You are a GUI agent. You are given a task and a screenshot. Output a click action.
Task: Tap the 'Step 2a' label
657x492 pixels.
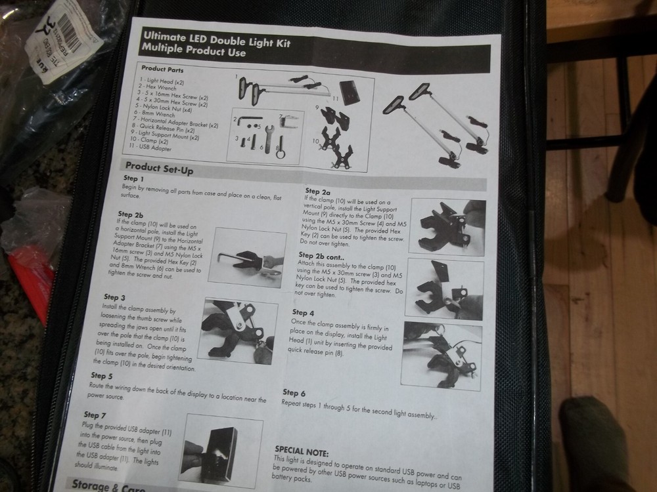(317, 191)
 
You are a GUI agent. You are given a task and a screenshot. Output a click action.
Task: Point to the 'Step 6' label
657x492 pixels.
(294, 392)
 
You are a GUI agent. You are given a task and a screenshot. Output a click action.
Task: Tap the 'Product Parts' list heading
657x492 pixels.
(162, 69)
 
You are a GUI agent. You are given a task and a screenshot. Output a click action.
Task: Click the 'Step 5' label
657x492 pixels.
(102, 376)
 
